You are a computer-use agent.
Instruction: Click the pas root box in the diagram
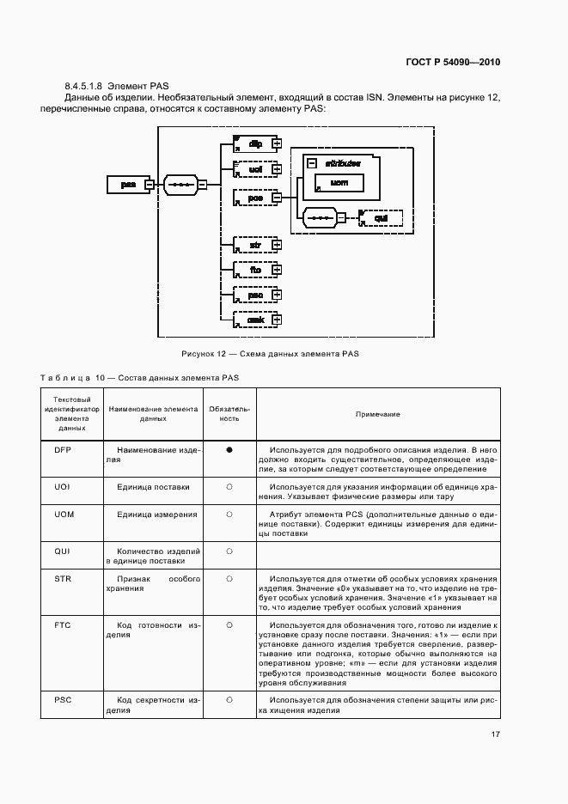coord(125,184)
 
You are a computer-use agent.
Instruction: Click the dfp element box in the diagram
coord(254,143)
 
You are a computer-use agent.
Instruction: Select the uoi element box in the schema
coord(254,170)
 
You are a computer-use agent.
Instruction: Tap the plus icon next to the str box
coord(277,245)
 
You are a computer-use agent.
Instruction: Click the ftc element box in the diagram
coord(254,270)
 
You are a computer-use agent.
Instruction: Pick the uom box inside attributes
coord(339,183)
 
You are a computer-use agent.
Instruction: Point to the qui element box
coord(381,218)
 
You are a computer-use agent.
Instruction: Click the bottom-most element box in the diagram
coord(254,320)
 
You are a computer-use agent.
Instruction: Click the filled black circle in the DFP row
coord(229,449)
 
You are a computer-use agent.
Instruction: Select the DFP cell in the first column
coord(63,449)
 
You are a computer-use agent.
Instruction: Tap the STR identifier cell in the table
coord(63,580)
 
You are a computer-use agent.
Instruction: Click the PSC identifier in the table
coord(63,700)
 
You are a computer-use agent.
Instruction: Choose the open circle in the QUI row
coord(229,551)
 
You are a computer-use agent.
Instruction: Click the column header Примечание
coord(378,414)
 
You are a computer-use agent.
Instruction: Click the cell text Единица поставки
coord(154,486)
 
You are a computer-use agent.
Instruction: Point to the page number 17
coord(496,734)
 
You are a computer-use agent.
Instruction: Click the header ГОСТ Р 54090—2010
coord(453,63)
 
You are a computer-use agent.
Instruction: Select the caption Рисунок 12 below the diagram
coord(270,353)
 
